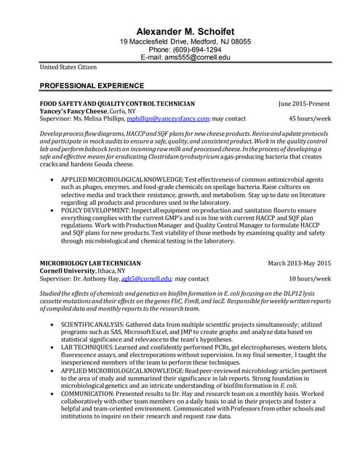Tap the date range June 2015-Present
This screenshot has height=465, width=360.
(304, 104)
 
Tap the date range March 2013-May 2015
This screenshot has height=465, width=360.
(299, 263)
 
